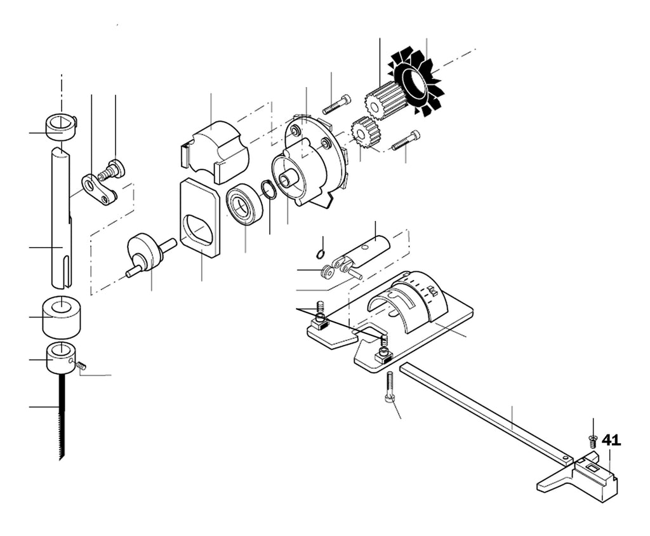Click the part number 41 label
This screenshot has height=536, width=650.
(x=611, y=440)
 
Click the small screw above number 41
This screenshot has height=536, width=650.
(x=593, y=440)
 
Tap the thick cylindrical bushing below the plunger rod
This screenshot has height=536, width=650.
(x=62, y=317)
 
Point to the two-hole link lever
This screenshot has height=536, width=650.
(x=100, y=190)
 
